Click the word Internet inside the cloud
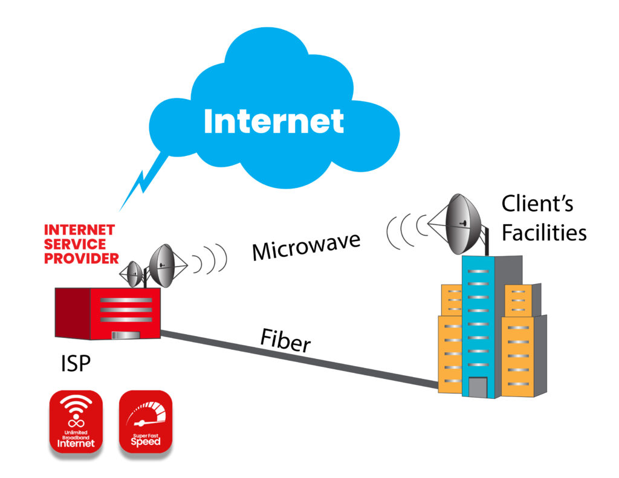[x=274, y=121]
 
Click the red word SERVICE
[x=75, y=244]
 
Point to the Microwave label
[x=306, y=244]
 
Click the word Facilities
[x=544, y=232]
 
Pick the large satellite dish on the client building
[x=461, y=225]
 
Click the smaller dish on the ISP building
[x=134, y=275]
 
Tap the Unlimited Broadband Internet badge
[x=76, y=422]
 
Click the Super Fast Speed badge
[x=146, y=422]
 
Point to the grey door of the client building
[x=478, y=387]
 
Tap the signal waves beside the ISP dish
[x=209, y=260]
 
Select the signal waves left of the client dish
[x=403, y=231]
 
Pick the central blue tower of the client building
[x=478, y=320]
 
